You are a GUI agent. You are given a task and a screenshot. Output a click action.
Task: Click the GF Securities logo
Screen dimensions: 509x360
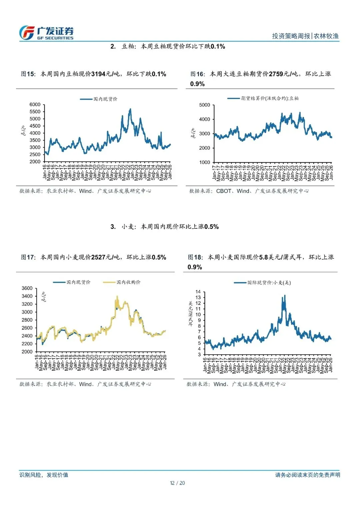point(46,33)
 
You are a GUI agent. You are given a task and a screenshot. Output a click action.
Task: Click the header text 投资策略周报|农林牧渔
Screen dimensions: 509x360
point(305,36)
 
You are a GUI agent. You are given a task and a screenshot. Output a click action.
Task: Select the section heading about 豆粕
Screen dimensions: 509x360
point(168,46)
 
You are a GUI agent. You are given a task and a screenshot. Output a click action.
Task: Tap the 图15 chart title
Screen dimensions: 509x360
point(93,74)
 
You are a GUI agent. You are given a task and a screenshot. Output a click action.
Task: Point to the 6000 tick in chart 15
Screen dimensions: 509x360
point(35,105)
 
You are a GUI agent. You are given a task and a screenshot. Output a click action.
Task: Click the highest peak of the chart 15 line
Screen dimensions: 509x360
point(130,109)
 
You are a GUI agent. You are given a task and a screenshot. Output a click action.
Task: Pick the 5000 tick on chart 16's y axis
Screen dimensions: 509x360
point(204,105)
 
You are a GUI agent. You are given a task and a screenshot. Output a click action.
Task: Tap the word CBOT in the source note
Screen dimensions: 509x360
point(224,191)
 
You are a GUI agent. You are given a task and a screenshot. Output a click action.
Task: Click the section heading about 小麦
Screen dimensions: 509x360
point(165,227)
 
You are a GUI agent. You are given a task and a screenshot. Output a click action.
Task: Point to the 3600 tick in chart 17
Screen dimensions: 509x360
point(27,288)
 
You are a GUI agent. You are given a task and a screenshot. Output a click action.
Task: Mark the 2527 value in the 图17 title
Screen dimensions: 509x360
point(98,257)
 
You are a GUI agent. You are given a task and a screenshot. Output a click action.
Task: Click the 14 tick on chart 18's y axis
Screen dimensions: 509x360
point(198,292)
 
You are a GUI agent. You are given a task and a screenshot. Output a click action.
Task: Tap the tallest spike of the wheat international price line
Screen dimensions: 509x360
point(284,296)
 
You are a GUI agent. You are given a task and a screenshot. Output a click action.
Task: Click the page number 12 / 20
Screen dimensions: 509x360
point(177,483)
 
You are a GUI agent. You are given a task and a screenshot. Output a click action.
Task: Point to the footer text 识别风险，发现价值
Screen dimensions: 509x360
point(44,475)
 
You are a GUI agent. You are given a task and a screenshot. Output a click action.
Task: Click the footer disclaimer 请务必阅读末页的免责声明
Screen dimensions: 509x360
point(307,475)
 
